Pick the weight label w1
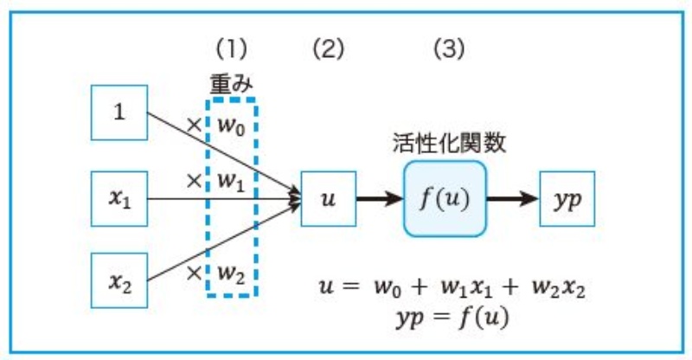(231, 183)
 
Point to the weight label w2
(231, 273)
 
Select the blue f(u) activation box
(445, 199)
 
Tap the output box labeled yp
(567, 199)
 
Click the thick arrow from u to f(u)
(378, 199)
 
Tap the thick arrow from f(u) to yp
(512, 199)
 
